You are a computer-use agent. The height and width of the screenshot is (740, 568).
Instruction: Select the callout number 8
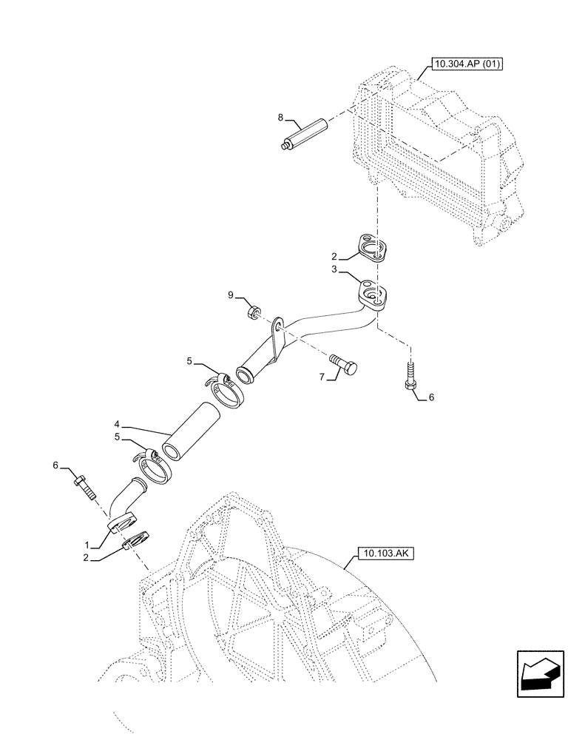tap(281, 118)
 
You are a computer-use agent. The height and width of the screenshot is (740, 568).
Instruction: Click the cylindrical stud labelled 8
tap(304, 135)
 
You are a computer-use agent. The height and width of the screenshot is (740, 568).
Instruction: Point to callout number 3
tap(336, 272)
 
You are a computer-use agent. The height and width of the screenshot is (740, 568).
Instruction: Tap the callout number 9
tap(230, 296)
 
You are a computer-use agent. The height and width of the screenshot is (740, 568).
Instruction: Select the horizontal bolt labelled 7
tap(345, 366)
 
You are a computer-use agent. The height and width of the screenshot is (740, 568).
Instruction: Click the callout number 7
tap(322, 377)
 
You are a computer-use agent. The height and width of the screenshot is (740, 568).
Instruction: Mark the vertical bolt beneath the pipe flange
tap(408, 374)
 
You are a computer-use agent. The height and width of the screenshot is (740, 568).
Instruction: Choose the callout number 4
tap(118, 425)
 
